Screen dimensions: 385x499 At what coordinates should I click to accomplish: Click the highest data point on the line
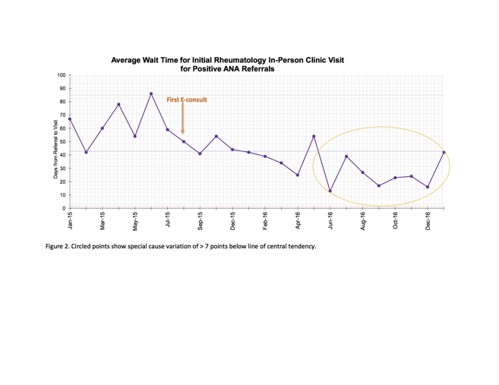tap(151, 94)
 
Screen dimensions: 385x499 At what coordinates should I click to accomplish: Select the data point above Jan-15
tap(70, 119)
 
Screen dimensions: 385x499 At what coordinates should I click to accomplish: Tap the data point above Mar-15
tap(103, 128)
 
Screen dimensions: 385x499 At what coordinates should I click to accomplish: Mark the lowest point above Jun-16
tap(330, 191)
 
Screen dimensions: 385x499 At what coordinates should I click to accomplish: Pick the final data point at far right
tap(444, 153)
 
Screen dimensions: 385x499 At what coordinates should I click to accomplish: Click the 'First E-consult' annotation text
tap(187, 99)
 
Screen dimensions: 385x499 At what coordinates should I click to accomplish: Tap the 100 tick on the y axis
tap(61, 75)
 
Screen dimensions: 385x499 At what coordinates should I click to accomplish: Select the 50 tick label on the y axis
tap(62, 142)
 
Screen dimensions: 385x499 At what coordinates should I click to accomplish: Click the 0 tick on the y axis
tap(64, 208)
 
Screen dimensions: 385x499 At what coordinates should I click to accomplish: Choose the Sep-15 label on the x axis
tap(201, 222)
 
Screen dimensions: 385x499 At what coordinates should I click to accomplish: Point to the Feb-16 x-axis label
tap(265, 222)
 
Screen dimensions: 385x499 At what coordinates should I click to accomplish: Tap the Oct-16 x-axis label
tap(396, 222)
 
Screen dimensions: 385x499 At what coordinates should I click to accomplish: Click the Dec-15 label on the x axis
tap(232, 222)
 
